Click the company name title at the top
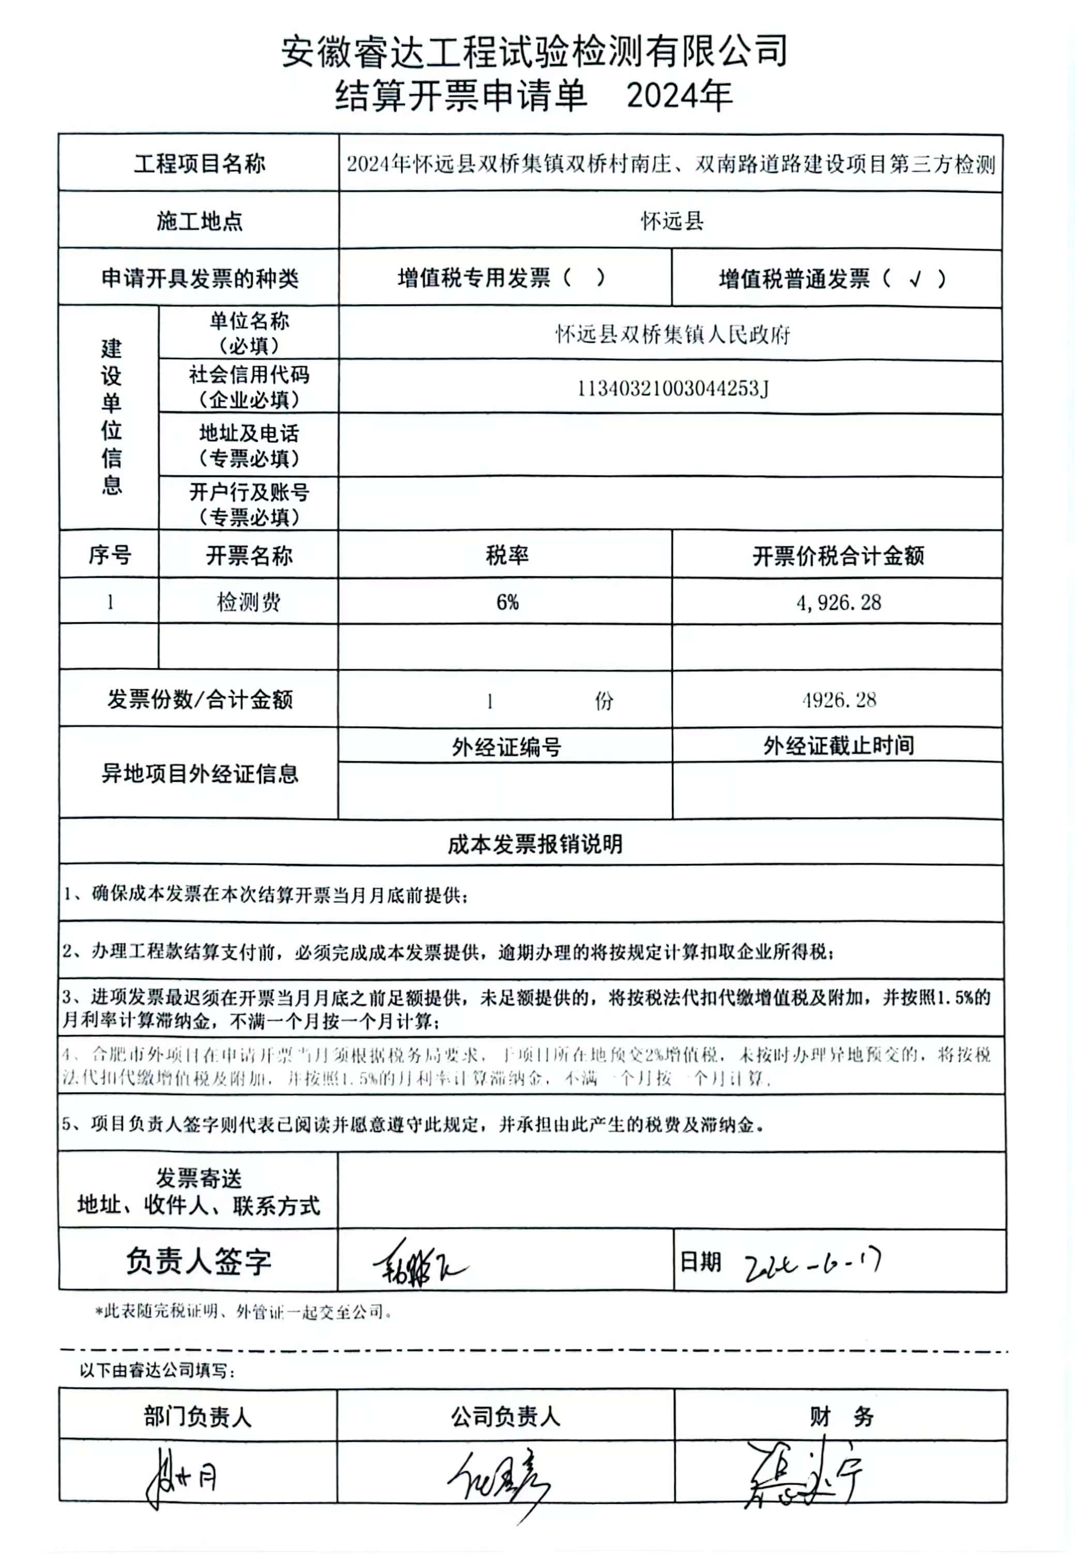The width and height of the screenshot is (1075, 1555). (x=534, y=51)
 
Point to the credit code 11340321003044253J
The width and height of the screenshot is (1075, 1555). (x=672, y=389)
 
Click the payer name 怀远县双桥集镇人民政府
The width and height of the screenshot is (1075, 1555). (x=672, y=334)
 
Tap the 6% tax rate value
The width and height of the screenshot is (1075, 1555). (x=507, y=602)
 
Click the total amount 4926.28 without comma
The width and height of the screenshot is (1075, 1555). (x=839, y=700)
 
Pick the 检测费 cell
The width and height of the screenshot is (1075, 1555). (x=249, y=602)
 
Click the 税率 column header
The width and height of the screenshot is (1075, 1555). (x=506, y=556)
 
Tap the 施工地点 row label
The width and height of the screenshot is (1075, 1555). (x=199, y=221)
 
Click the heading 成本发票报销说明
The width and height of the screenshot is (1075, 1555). (x=535, y=844)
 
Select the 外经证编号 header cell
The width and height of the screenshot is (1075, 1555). (x=506, y=746)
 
